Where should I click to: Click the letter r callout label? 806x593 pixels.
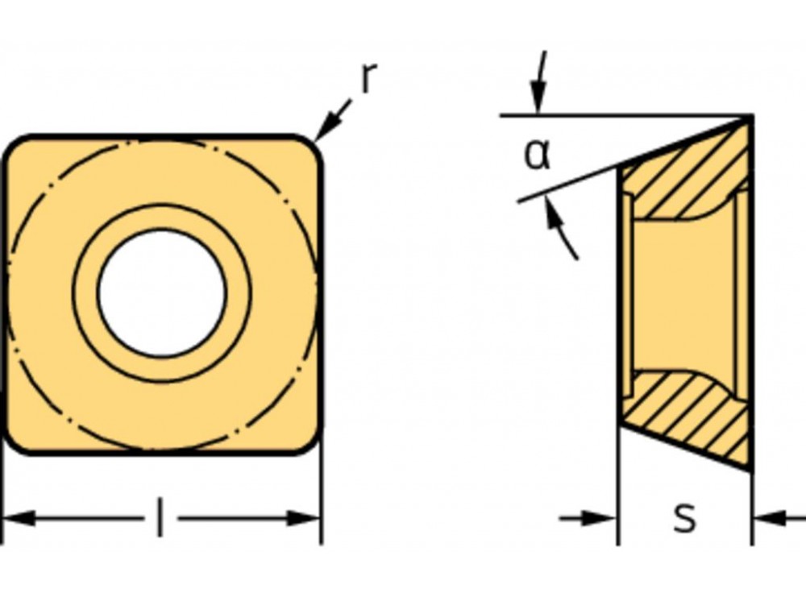(x=368, y=77)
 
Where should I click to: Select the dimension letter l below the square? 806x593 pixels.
(x=160, y=517)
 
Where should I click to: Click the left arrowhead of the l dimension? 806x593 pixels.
(x=18, y=517)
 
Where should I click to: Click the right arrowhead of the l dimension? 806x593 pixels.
(x=305, y=517)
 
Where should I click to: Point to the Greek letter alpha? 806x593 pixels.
(x=537, y=154)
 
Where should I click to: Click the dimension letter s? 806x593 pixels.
(x=684, y=517)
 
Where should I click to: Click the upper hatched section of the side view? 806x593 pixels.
(x=685, y=177)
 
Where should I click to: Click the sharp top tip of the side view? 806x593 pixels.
(x=748, y=119)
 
